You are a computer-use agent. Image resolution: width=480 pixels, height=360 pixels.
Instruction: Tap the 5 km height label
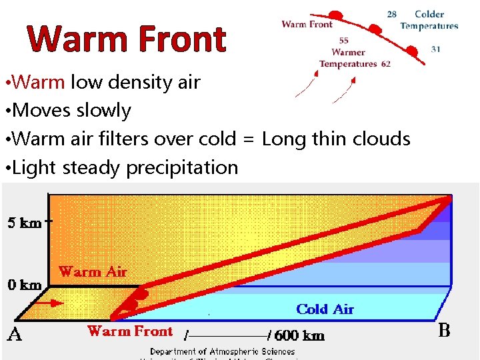[x=25, y=223]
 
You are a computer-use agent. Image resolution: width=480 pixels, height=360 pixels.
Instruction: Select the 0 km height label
[x=25, y=285]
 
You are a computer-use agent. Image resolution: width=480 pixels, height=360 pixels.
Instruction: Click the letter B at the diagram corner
[x=445, y=331]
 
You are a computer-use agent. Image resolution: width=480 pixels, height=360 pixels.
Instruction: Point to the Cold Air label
[x=325, y=309]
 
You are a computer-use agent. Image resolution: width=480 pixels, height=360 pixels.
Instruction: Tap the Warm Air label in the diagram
[x=93, y=271]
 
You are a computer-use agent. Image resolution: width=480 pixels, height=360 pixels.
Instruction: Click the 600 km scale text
[x=299, y=335]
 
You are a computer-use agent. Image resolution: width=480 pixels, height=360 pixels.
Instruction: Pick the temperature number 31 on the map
[x=435, y=49]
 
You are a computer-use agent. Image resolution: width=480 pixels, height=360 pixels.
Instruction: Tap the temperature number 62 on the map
[x=386, y=64]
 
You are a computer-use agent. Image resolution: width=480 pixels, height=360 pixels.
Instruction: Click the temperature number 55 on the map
[x=343, y=41]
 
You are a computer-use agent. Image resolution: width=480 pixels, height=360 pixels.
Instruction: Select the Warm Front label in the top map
[x=307, y=24]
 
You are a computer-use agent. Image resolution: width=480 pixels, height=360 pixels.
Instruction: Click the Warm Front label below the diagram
[x=130, y=331]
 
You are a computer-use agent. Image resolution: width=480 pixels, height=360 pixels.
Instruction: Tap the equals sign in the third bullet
[x=248, y=139]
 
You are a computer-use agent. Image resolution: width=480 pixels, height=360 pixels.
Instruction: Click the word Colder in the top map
[x=429, y=14]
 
